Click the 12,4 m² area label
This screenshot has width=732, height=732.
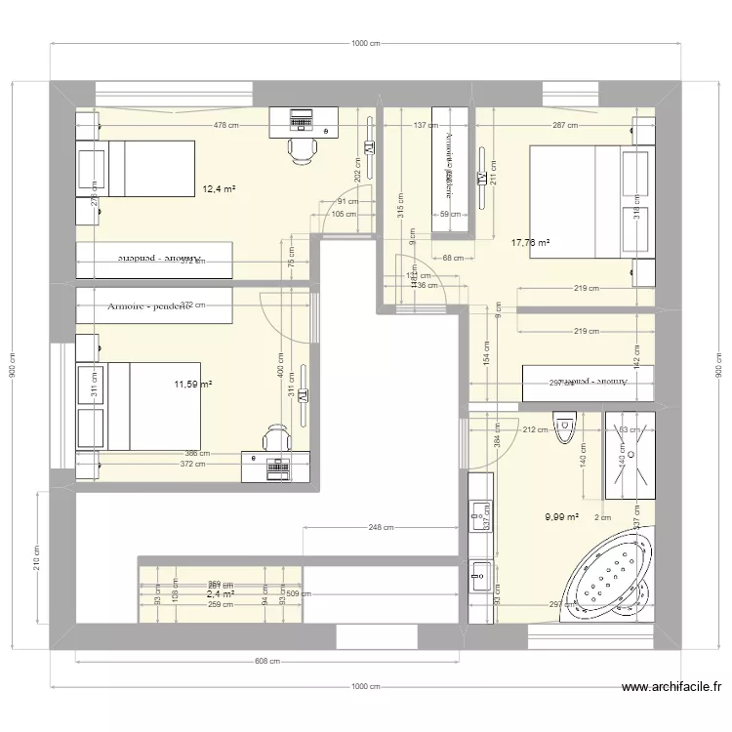click(219, 189)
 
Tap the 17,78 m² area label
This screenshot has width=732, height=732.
click(530, 243)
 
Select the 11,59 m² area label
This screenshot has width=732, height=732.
click(192, 385)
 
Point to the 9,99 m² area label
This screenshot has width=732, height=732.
click(562, 518)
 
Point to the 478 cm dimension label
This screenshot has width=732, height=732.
click(226, 125)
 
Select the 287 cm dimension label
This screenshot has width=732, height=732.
click(565, 125)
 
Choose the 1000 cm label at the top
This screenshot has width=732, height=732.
click(366, 44)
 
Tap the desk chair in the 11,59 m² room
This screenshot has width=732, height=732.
click(277, 438)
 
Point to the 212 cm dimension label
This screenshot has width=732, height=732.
click(535, 428)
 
